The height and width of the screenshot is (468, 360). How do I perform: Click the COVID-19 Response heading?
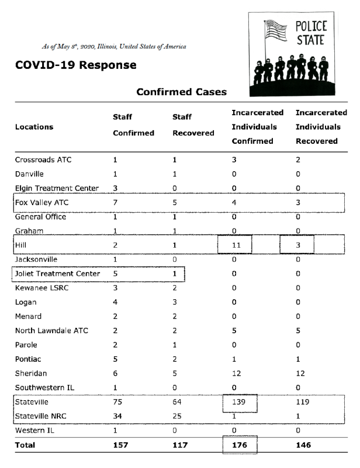[75, 65]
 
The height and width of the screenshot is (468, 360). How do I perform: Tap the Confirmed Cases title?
[181, 92]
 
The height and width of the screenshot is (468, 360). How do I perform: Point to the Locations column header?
[34, 127]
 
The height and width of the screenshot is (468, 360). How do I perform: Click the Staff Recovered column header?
[193, 125]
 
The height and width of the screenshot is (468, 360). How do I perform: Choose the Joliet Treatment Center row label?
[57, 273]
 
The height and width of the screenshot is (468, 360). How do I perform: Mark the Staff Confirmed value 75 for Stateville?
[118, 403]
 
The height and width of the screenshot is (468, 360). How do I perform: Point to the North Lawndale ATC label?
[51, 331]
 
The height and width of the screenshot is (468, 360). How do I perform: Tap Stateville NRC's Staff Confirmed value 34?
[118, 417]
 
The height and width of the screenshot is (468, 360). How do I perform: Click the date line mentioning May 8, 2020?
[115, 46]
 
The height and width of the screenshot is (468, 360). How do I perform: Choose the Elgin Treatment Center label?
[57, 188]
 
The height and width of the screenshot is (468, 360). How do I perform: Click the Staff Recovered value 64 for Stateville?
[178, 403]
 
